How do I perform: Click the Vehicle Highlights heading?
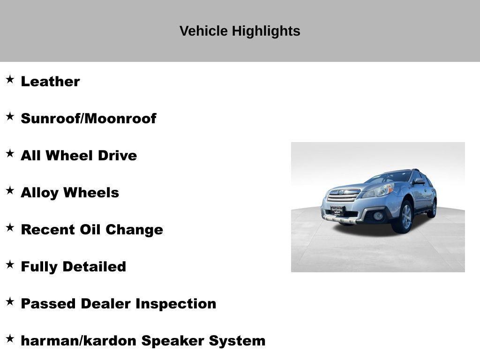coord(240,31)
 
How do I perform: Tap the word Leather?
coord(50,82)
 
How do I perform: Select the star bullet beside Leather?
coord(10,79)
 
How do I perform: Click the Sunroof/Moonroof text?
coord(89,119)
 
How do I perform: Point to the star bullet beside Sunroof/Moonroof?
coord(10,116)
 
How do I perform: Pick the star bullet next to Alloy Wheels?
coord(10,190)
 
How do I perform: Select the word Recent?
coord(47,230)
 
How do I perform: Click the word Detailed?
coord(94,267)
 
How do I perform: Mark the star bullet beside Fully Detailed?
coord(10,264)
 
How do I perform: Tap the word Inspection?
coord(176,304)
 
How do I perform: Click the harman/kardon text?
coord(78,341)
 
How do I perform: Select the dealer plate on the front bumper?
coord(337,210)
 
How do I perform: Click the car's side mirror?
coord(418,181)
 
